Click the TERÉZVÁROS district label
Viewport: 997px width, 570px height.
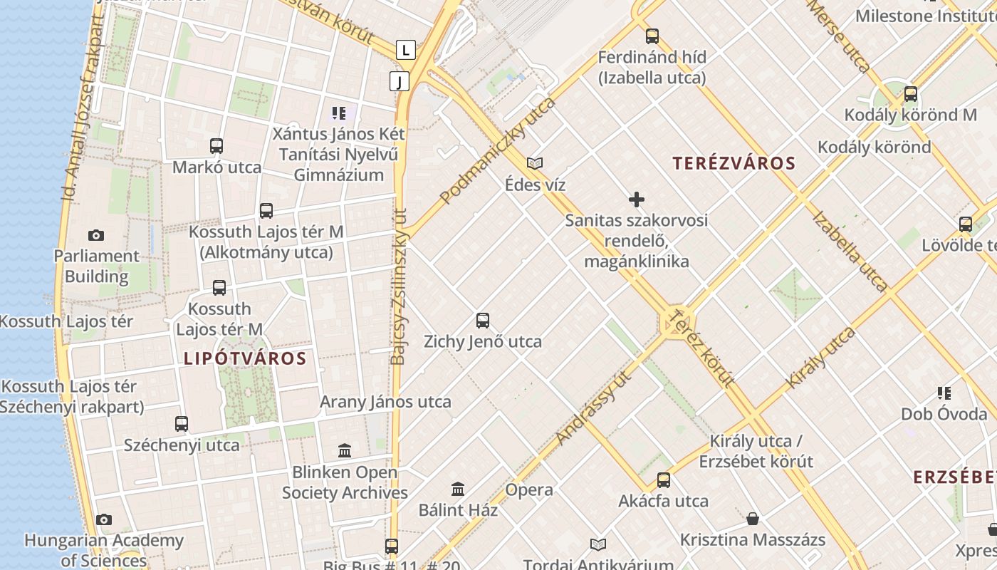point(734,163)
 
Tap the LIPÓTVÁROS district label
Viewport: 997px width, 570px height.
point(245,358)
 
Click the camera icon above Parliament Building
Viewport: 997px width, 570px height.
point(96,235)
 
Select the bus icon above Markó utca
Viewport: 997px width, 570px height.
point(216,146)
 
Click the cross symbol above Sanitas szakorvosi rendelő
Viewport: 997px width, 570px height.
point(637,199)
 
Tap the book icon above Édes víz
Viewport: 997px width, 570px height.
point(535,164)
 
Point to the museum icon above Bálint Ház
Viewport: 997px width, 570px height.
point(458,489)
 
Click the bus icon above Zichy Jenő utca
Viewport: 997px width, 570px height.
point(483,321)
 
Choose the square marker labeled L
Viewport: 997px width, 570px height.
point(405,50)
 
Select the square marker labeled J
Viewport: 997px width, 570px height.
point(400,81)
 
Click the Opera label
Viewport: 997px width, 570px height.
point(529,490)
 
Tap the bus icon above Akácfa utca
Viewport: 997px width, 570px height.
point(664,480)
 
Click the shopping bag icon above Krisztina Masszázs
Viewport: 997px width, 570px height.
point(753,519)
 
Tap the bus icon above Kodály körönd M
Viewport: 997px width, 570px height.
point(910,94)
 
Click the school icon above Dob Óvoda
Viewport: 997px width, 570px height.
point(944,393)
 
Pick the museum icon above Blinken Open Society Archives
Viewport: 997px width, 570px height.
point(345,450)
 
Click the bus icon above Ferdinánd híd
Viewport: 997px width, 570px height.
point(652,36)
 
